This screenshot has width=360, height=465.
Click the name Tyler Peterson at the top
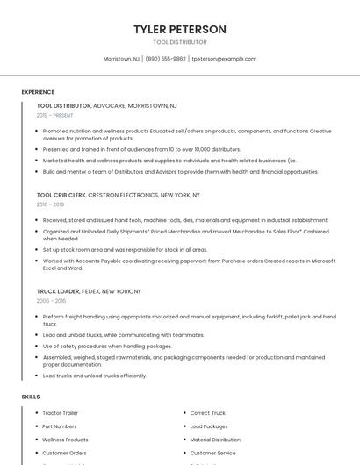[x=180, y=29]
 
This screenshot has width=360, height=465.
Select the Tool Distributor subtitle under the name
[x=180, y=42]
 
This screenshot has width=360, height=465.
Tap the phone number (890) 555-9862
[x=165, y=59]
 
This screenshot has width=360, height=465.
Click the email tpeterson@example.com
[x=224, y=59]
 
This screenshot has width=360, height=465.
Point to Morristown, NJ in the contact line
[x=121, y=59]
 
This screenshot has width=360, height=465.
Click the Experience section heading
[x=38, y=92]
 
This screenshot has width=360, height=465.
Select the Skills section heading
[x=31, y=397]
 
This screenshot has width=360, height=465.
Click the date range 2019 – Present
[x=54, y=115]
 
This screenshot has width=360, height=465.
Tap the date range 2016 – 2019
[x=50, y=204]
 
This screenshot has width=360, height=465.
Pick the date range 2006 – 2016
[x=50, y=300]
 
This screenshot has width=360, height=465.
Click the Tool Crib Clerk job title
[x=61, y=195]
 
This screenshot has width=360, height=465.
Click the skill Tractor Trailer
[x=60, y=412]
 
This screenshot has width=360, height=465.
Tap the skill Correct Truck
[x=208, y=412]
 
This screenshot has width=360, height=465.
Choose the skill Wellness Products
[x=65, y=440]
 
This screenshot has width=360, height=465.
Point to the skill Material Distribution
[x=215, y=440]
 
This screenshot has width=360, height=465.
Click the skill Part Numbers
[x=60, y=426]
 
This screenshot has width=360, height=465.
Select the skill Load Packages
[x=209, y=426]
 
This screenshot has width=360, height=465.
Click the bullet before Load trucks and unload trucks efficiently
[x=37, y=376]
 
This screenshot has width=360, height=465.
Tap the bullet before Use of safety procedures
[x=37, y=346]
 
